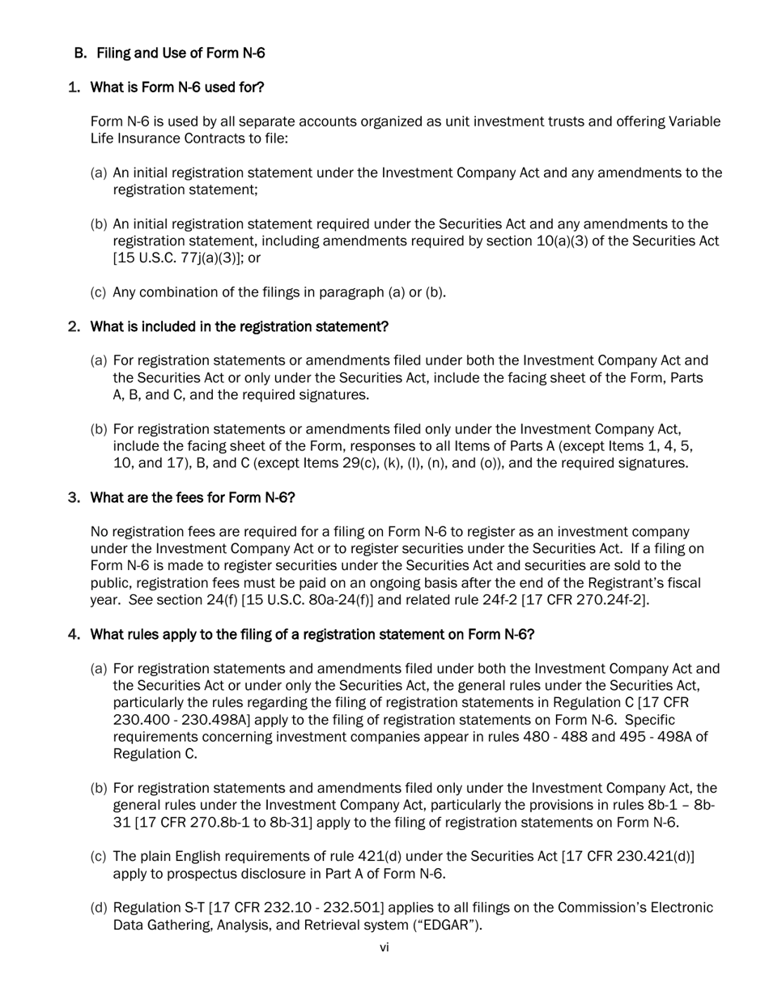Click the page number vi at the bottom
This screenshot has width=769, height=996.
point(384,947)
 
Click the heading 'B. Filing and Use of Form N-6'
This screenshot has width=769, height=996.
point(169,53)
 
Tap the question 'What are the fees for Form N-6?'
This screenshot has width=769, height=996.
point(192,497)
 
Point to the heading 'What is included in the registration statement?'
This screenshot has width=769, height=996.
point(239,326)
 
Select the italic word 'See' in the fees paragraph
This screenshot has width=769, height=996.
point(141,600)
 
